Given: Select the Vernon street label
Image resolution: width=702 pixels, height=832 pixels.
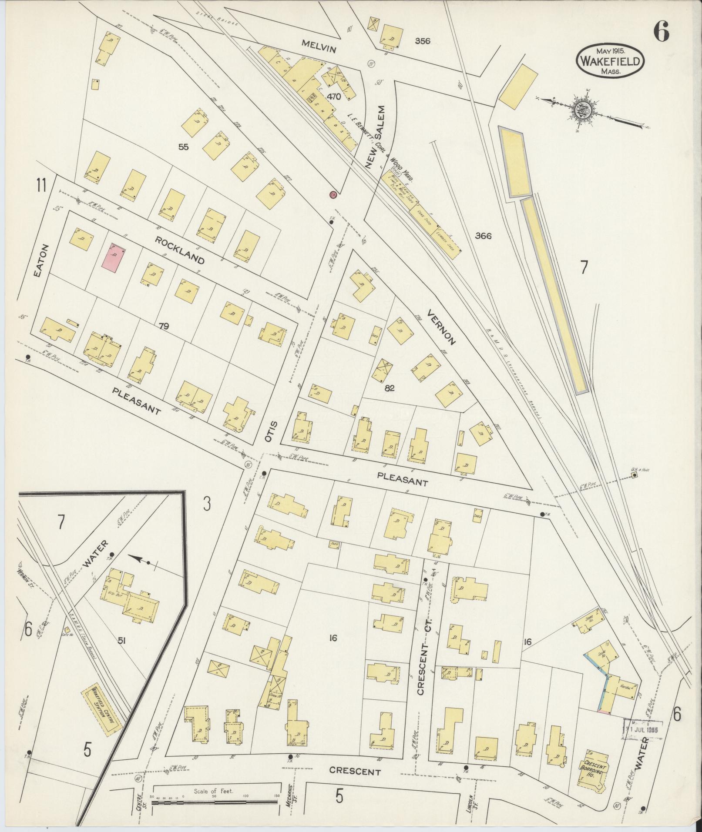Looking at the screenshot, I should pos(441,327).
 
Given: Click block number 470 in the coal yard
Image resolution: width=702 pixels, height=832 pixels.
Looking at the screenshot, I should pos(334,97).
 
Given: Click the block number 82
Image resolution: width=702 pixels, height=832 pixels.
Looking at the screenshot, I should pos(389,388).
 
